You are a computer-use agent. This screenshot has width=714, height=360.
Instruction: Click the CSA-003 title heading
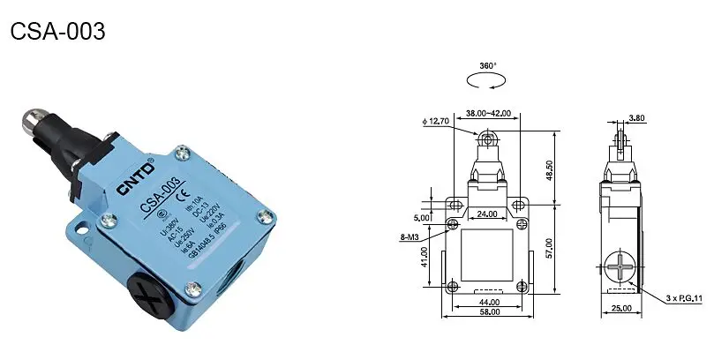[x=57, y=32]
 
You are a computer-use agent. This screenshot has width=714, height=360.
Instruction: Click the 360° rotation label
[x=487, y=66]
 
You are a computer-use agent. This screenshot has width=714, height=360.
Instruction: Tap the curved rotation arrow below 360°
[x=487, y=82]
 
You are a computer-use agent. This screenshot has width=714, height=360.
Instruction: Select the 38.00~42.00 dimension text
[x=489, y=113]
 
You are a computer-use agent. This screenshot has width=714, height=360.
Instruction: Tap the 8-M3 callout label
[x=410, y=236]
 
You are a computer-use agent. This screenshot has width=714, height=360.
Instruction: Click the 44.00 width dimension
[x=488, y=303]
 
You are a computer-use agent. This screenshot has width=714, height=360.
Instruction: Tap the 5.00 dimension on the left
[x=422, y=217]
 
